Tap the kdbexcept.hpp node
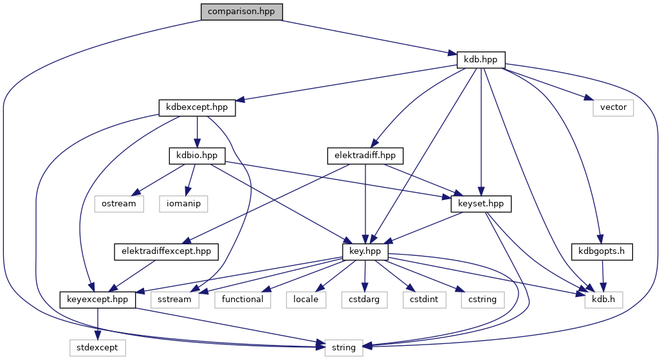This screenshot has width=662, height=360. pos(197,107)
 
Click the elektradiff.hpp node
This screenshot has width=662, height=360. pos(365,155)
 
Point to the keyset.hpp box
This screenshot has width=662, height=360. pos(481,203)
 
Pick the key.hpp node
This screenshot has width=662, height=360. pos(365,251)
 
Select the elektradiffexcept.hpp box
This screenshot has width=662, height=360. pos(167,251)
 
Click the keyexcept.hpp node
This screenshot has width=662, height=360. pos(97,299)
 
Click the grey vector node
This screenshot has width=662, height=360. pos(613,107)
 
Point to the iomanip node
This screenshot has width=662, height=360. pos(186,203)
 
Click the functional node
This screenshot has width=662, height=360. pos(243,299)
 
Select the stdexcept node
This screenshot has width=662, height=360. pos(97,347)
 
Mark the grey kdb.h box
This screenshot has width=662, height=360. pos(603,299)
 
